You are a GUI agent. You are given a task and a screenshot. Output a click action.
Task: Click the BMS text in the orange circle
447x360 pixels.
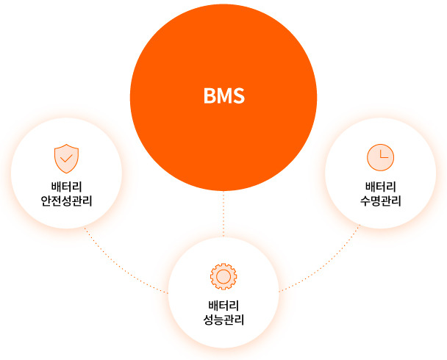[x=223, y=96]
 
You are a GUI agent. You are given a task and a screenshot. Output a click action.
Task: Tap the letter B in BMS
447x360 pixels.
[x=210, y=96]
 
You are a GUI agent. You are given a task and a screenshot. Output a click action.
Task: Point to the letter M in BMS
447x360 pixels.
[x=223, y=96]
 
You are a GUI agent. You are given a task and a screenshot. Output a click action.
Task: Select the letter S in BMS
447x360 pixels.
[x=238, y=96]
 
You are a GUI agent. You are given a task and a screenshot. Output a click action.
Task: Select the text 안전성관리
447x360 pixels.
[x=67, y=201]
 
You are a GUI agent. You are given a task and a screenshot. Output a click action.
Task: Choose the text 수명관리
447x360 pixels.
[x=380, y=201]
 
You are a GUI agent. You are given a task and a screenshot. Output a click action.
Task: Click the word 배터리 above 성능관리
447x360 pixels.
[x=223, y=305]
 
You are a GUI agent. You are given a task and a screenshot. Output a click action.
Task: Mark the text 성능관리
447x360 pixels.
[x=223, y=320]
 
